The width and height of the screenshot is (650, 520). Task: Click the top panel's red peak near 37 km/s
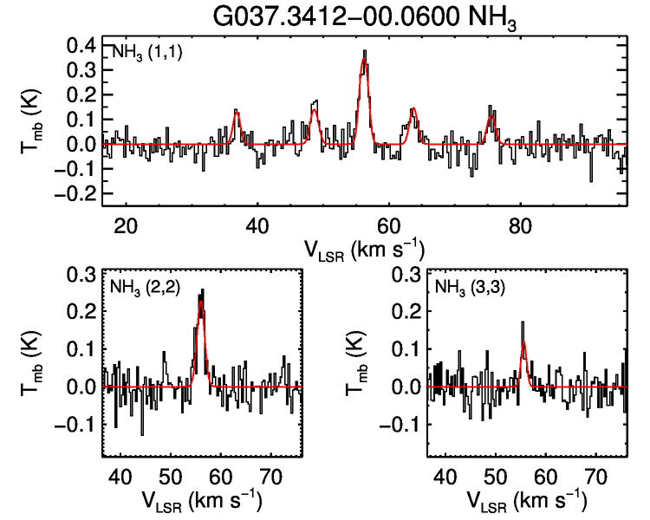pyautogui.click(x=237, y=113)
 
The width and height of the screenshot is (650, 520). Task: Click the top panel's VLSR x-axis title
pyautogui.click(x=365, y=249)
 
